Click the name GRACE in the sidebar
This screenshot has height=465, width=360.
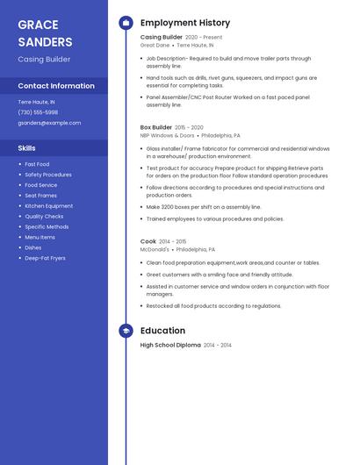(38, 25)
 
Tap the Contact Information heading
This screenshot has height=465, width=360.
(56, 86)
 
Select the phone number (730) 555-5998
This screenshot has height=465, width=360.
(38, 112)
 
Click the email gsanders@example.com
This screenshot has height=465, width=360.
(49, 123)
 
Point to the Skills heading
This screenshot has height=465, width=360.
(27, 148)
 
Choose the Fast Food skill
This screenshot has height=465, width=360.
(37, 164)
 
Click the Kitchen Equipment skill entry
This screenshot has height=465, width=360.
(48, 206)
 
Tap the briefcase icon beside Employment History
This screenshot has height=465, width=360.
(126, 23)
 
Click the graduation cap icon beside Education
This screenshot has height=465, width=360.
(126, 331)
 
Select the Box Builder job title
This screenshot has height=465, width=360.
(156, 127)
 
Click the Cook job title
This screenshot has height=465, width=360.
(148, 241)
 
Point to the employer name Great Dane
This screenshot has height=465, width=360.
(155, 46)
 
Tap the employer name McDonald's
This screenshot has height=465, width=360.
(155, 249)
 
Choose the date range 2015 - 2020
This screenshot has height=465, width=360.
(190, 127)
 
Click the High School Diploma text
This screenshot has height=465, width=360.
(170, 346)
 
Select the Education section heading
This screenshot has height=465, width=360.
(162, 331)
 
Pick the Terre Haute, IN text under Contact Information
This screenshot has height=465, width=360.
(36, 102)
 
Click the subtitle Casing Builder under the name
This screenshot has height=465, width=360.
(44, 60)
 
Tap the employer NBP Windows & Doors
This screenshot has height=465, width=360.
(168, 136)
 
